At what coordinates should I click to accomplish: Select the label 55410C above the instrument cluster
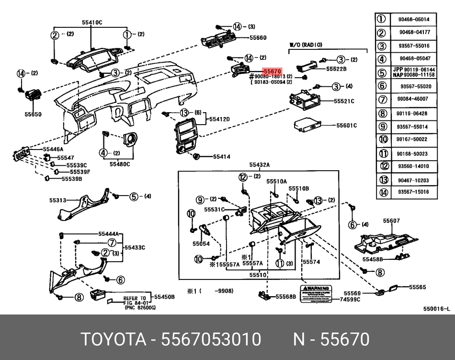pyautogui.click(x=92, y=23)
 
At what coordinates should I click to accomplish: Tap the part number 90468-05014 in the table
pyautogui.click(x=413, y=20)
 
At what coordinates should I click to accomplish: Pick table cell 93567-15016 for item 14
pyautogui.click(x=413, y=192)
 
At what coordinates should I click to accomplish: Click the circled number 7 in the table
pyautogui.click(x=382, y=99)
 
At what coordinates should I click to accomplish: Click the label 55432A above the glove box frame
pyautogui.click(x=259, y=165)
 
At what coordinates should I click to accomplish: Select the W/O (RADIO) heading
pyautogui.click(x=306, y=44)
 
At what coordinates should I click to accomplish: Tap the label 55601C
pyautogui.click(x=346, y=126)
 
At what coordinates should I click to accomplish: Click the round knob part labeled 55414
pyautogui.click(x=196, y=156)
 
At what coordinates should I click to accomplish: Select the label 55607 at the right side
pyautogui.click(x=391, y=221)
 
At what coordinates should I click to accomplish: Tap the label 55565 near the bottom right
pyautogui.click(x=417, y=287)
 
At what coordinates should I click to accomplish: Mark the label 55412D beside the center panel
pyautogui.click(x=220, y=119)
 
